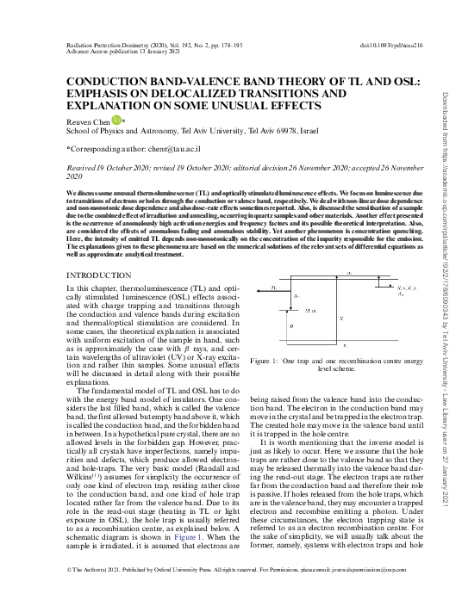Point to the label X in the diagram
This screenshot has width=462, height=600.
click(342, 319)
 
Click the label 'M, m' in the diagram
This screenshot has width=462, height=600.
click(310, 311)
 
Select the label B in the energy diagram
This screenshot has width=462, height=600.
click(290, 326)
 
